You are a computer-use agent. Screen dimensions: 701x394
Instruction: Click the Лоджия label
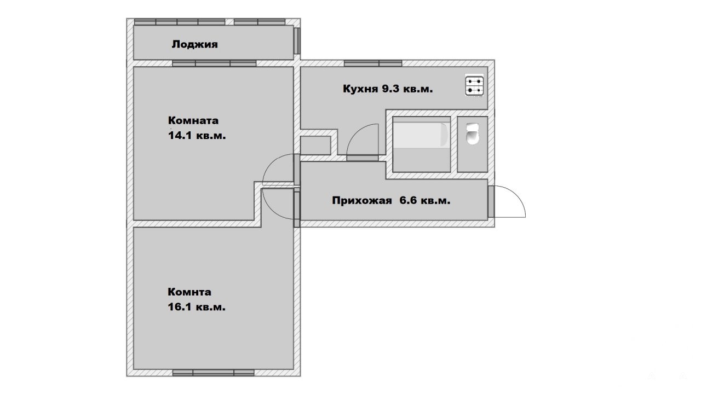194,44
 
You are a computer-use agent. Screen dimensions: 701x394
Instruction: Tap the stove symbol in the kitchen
474,86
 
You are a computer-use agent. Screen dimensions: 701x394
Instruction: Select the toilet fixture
472,134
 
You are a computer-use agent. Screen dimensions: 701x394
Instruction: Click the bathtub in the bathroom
421,135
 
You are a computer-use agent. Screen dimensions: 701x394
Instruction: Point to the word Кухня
360,89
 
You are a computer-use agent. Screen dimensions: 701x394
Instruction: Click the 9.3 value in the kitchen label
390,89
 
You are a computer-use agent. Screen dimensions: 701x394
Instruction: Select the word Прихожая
362,200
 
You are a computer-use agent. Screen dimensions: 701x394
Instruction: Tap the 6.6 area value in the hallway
408,200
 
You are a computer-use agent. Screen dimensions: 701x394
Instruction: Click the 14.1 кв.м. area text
197,136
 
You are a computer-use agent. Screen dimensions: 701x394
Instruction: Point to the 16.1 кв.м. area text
197,307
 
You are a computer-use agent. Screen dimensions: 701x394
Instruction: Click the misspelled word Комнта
189,292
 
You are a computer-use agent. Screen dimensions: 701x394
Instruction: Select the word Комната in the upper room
193,120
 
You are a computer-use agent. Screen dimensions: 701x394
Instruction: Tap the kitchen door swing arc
356,133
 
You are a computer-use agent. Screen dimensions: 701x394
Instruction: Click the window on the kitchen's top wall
373,63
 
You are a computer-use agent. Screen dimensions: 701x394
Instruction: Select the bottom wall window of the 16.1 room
214,373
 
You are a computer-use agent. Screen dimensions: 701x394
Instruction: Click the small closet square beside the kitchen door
315,145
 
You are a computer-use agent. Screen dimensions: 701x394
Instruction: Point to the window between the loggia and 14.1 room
214,63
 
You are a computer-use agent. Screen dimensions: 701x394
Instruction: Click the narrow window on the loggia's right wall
297,41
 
